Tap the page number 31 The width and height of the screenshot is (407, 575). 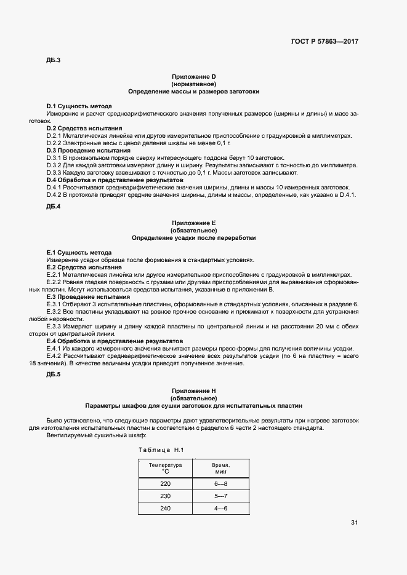(x=354, y=523)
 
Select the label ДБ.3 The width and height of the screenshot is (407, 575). (x=53, y=60)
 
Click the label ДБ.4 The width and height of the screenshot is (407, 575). (x=53, y=206)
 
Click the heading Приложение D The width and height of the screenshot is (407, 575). (x=193, y=76)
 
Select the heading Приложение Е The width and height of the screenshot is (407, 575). (x=193, y=222)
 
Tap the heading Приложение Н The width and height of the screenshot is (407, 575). (x=193, y=391)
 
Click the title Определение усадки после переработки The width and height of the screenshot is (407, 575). (x=193, y=237)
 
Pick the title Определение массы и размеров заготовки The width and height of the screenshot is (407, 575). (x=193, y=91)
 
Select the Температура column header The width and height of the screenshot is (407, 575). (x=165, y=469)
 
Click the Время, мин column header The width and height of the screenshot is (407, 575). (x=220, y=469)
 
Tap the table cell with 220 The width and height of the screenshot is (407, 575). (x=165, y=484)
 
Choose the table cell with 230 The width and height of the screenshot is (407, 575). (x=165, y=496)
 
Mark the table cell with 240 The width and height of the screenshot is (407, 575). (x=165, y=508)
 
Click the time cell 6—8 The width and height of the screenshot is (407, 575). (x=220, y=484)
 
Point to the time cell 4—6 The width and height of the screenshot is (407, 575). (x=220, y=508)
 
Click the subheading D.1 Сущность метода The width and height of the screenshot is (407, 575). (x=79, y=106)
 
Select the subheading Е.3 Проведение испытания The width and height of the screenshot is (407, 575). (x=84, y=296)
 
